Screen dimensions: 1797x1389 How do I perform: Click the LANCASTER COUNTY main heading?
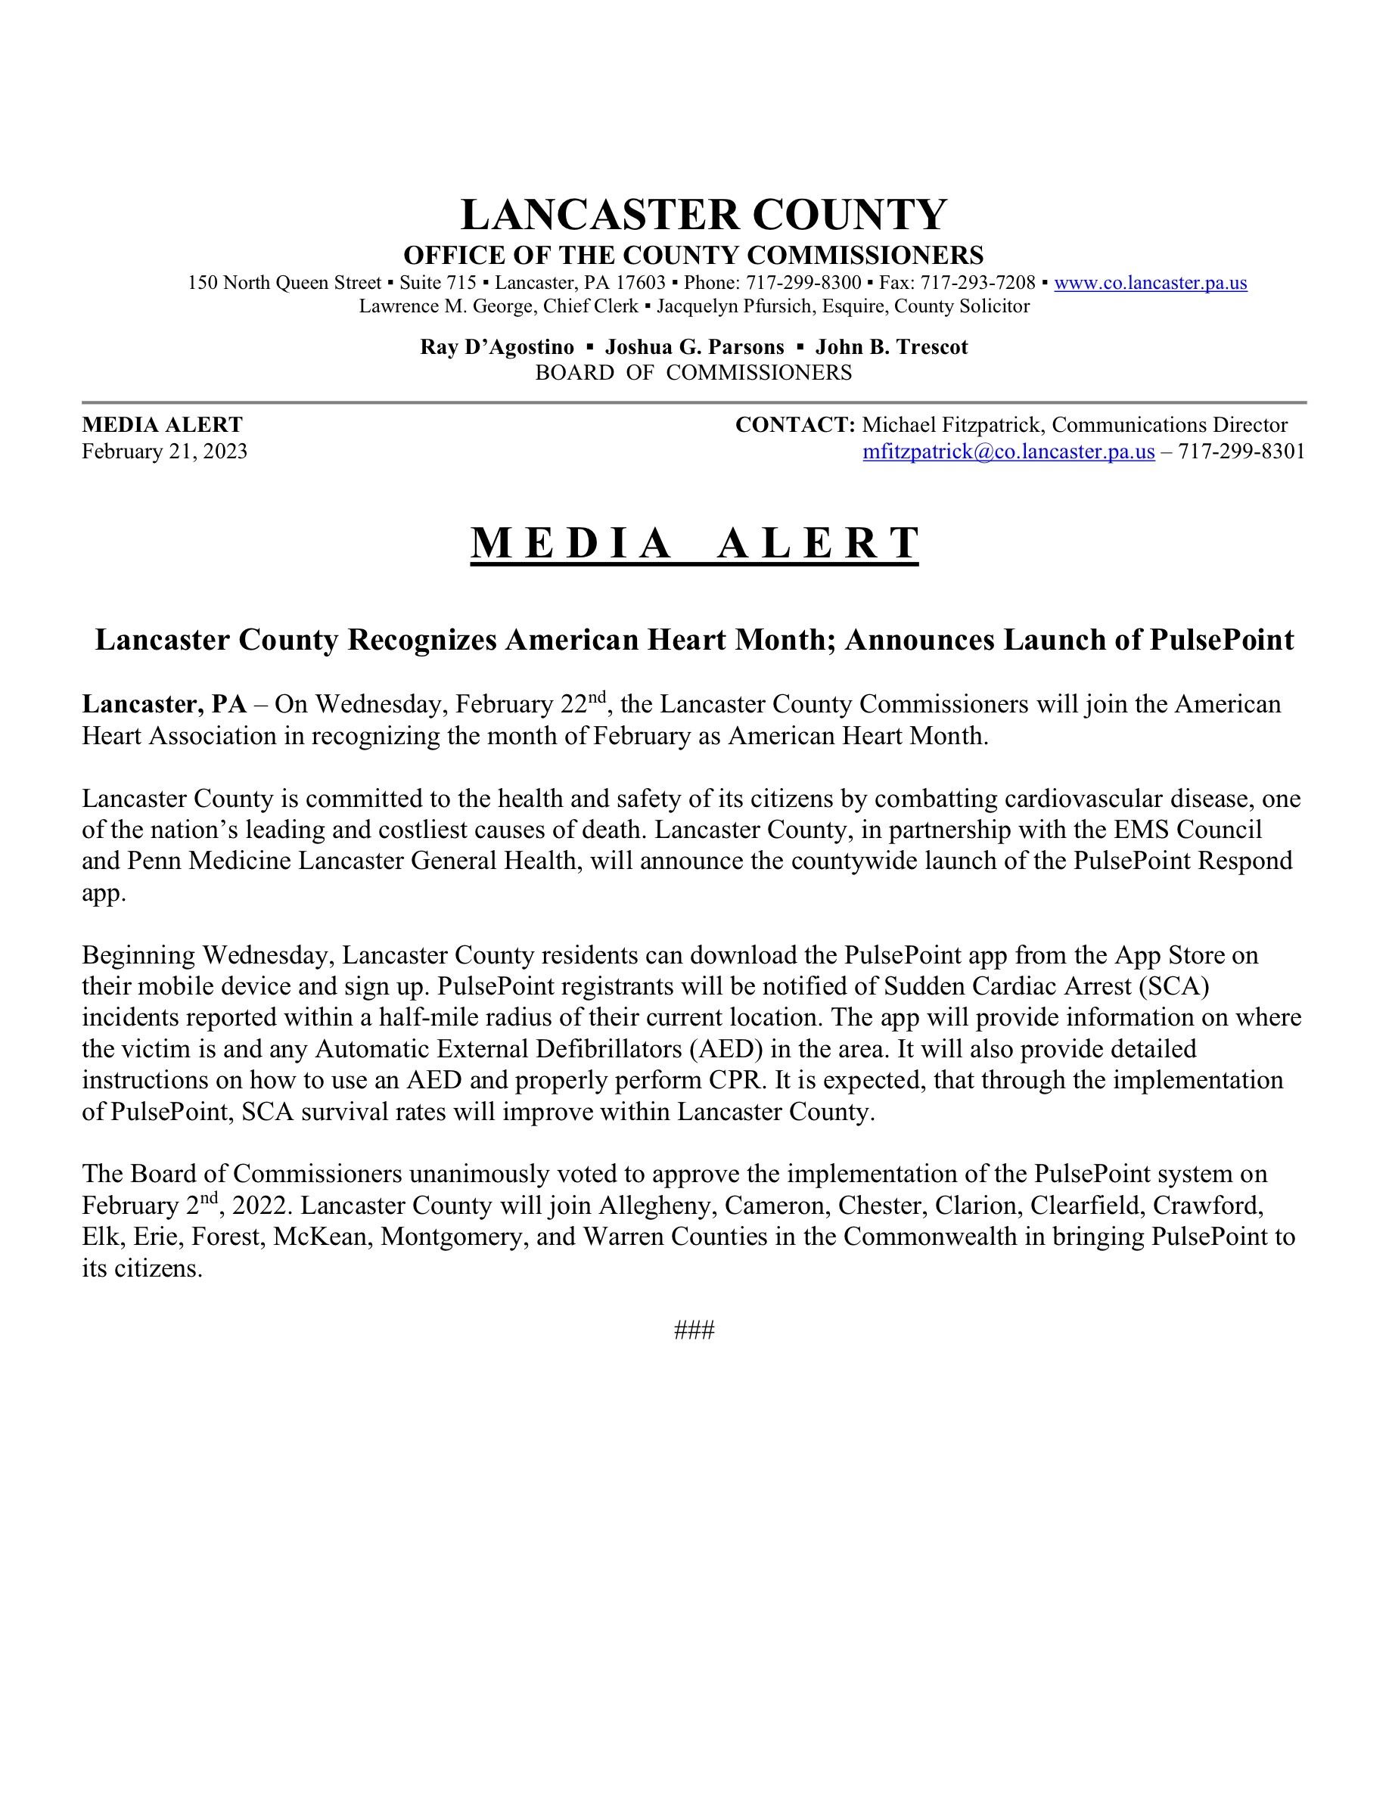coord(704,215)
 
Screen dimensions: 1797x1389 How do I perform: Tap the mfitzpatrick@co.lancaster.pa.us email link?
coord(1008,452)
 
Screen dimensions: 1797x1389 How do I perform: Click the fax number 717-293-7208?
coord(977,283)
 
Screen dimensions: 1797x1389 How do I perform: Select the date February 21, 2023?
coord(165,452)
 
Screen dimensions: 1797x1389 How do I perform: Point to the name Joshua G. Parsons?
coord(694,347)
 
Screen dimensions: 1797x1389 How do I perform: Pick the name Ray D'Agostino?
coord(497,347)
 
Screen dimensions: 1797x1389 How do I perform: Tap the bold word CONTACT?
coord(795,425)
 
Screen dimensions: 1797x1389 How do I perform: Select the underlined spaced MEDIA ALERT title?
coord(694,543)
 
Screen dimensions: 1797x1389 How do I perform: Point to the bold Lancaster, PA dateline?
coord(163,704)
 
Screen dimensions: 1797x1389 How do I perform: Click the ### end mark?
coord(694,1330)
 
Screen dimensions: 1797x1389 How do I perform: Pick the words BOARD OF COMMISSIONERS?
coord(694,373)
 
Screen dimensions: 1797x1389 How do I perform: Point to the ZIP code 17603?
coord(640,283)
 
